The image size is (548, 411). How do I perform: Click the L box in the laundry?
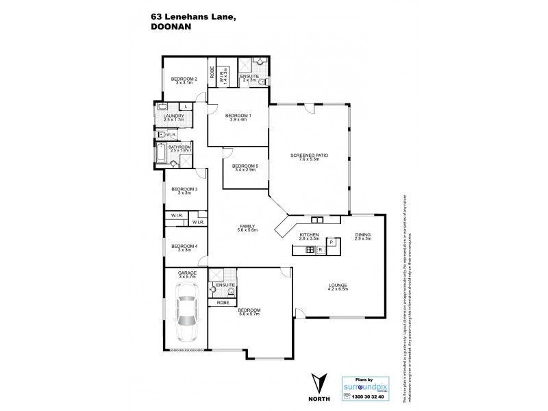tap(186, 106)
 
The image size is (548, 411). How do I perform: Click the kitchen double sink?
tap(316, 220)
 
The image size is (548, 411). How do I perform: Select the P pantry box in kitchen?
tap(331, 242)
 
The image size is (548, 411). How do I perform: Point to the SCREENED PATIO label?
tap(308, 155)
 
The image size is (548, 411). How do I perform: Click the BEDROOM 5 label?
tap(245, 166)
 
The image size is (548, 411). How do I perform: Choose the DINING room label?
tap(362, 235)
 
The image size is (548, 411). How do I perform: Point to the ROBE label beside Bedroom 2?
tap(212, 73)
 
